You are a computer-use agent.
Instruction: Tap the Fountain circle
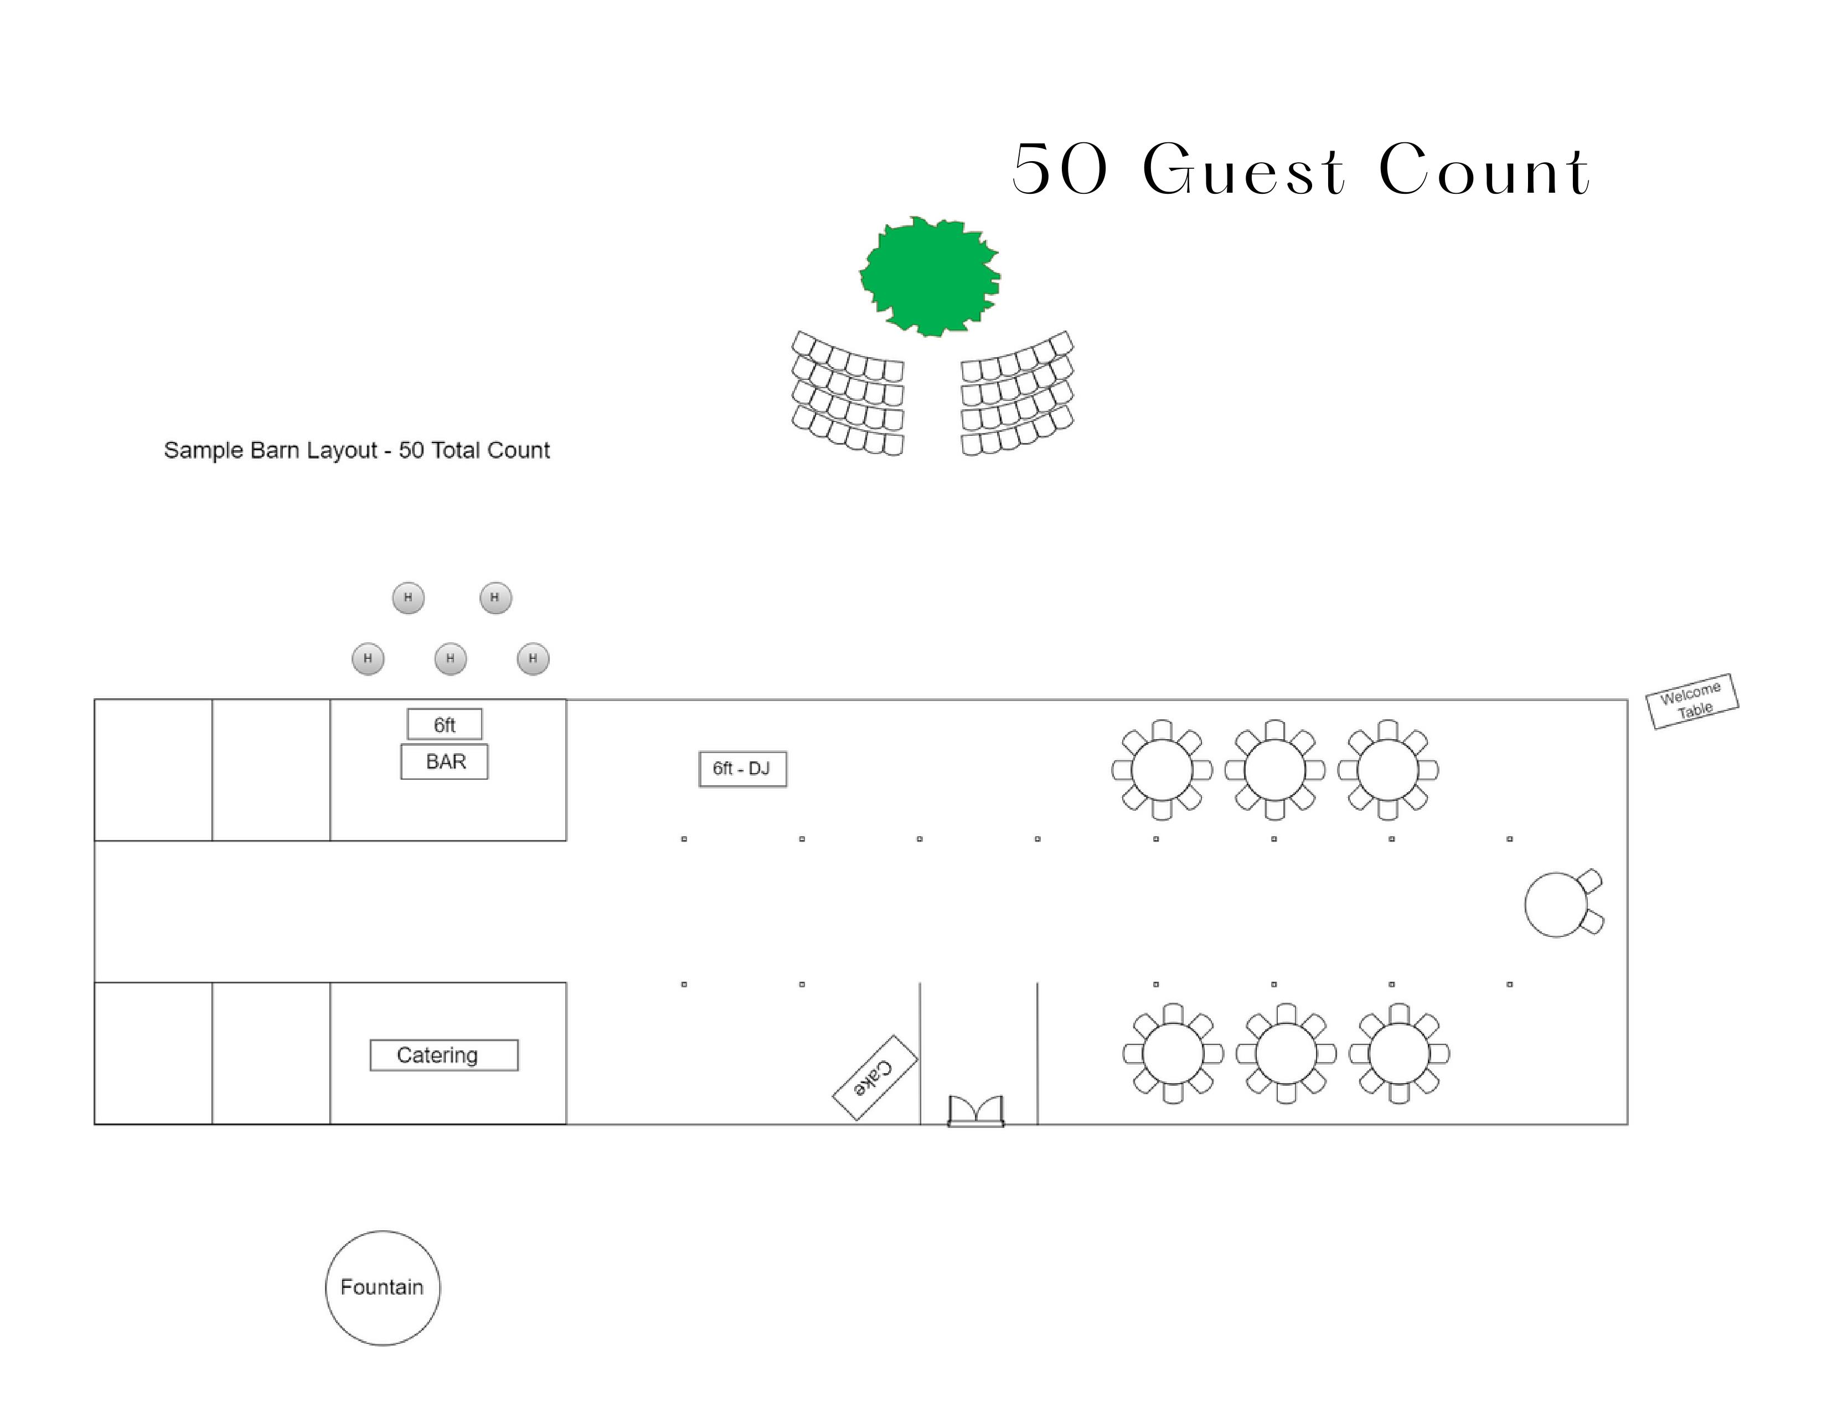click(383, 1287)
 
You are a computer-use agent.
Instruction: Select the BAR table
click(444, 762)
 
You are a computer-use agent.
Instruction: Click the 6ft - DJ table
click(742, 769)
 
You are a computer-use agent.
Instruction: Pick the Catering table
click(443, 1055)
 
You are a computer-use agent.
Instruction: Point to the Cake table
click(875, 1078)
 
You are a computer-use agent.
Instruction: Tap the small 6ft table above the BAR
click(444, 724)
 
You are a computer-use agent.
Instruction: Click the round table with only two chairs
click(1556, 904)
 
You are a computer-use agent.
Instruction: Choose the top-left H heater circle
click(408, 598)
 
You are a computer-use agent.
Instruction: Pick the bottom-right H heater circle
click(533, 659)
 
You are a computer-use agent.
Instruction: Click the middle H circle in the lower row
click(450, 659)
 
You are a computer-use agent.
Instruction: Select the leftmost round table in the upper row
click(1161, 770)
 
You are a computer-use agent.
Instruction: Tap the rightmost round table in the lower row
click(1398, 1053)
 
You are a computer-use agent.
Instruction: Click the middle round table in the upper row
click(1274, 770)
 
